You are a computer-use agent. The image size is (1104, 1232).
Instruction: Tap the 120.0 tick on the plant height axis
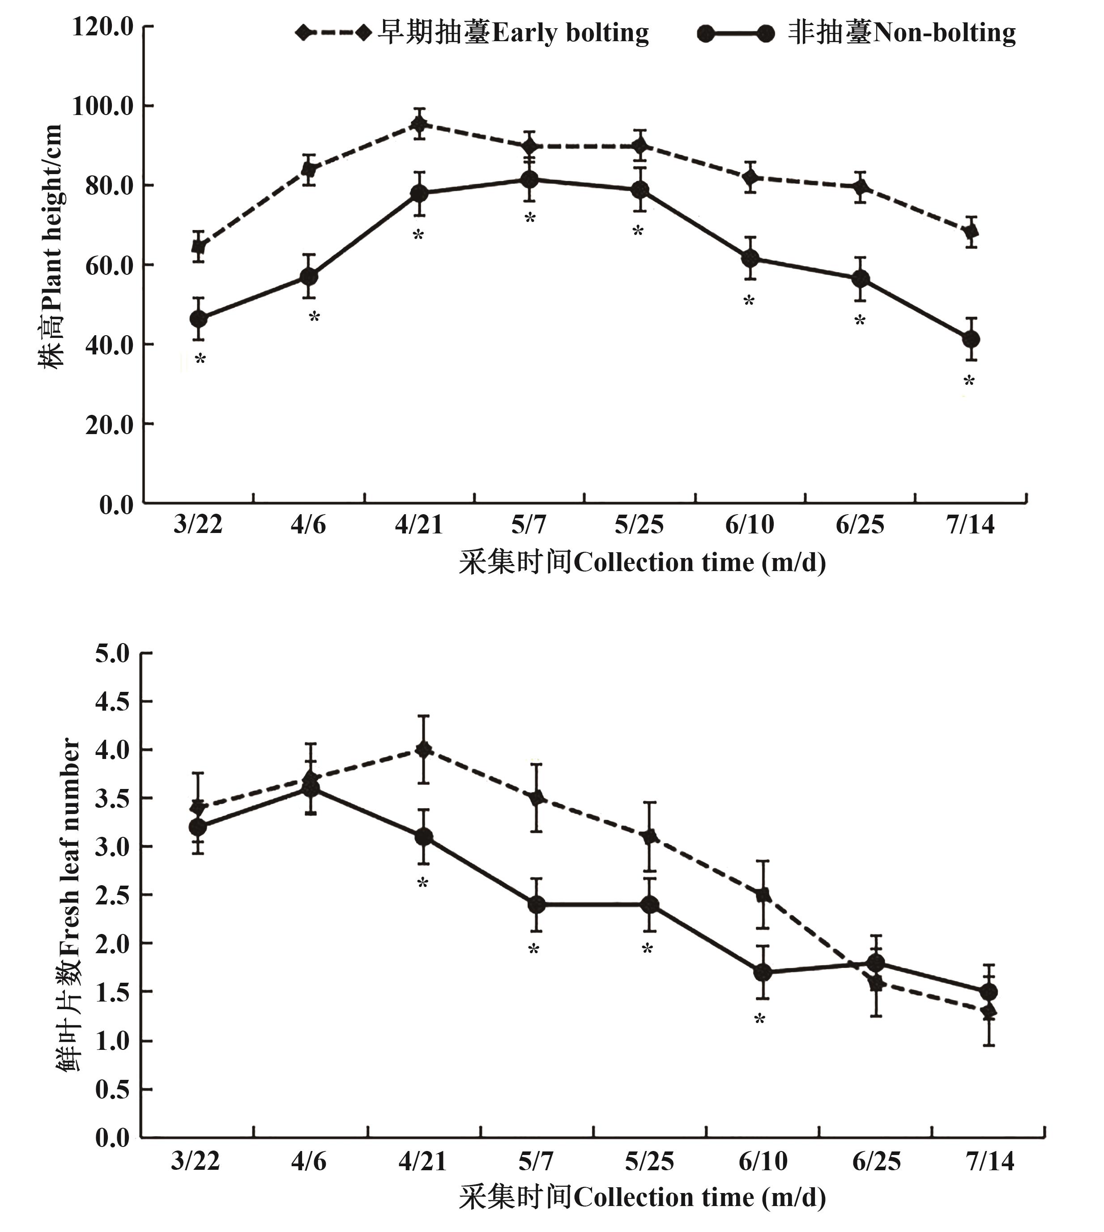click(102, 27)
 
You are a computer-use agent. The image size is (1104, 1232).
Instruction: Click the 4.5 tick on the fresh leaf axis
click(113, 702)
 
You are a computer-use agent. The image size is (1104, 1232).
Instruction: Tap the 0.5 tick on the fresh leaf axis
click(113, 1089)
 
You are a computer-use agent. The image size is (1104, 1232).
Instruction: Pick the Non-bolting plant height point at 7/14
click(971, 339)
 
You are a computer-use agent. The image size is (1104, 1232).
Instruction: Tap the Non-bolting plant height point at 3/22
click(198, 319)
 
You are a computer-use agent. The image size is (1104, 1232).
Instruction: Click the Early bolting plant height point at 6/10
click(750, 177)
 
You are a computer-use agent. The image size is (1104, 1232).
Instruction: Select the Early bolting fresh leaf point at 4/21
click(423, 750)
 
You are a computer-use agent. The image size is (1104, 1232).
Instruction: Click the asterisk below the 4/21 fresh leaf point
click(423, 883)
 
